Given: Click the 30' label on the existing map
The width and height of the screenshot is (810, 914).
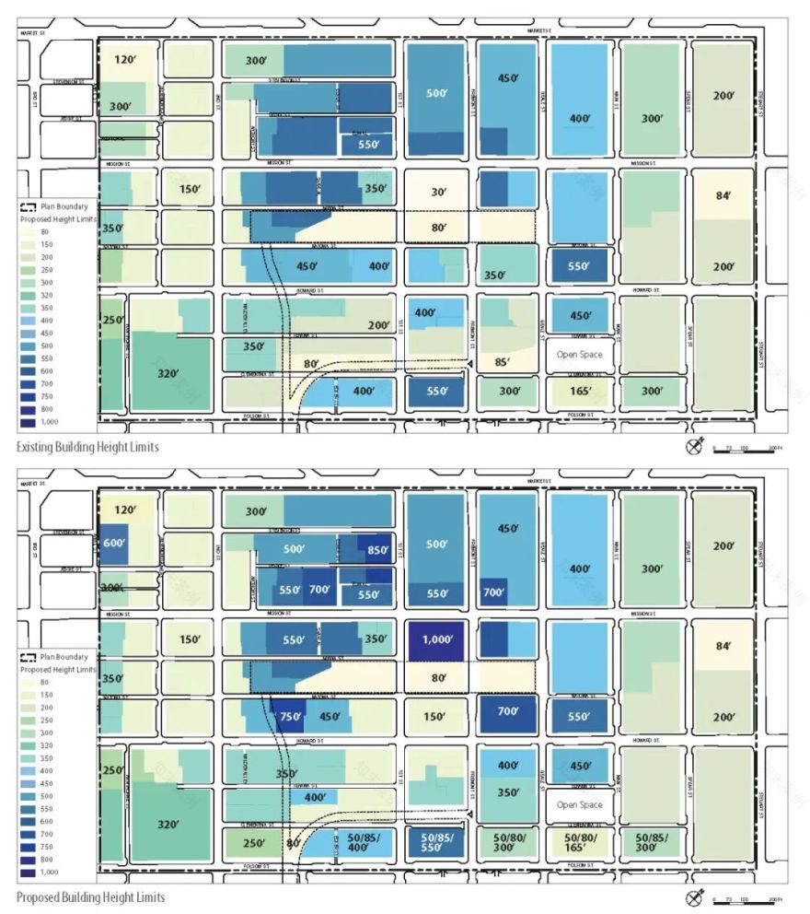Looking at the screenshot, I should point(437,193).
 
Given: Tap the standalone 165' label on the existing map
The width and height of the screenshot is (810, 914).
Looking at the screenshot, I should point(578,391).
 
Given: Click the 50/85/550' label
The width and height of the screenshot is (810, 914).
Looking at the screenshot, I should point(437,844).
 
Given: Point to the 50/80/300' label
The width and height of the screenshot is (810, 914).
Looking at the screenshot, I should point(508,844).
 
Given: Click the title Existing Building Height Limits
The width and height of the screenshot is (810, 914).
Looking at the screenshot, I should point(87,447).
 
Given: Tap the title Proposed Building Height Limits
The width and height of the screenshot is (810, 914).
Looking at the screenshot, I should point(90,896).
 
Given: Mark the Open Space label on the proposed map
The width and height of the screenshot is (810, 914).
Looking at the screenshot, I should point(579,804).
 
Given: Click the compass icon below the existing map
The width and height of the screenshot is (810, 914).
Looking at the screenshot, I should point(694,447).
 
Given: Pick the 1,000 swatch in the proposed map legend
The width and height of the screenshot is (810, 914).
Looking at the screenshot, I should point(27,872).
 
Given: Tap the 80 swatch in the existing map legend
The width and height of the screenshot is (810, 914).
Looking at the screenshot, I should point(27,231).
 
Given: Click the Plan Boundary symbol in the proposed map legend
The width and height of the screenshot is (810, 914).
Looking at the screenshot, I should point(28,657).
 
